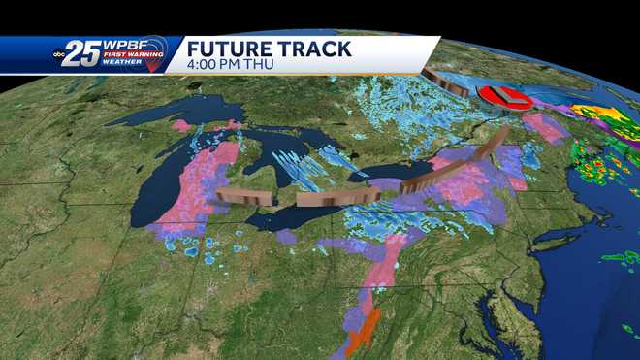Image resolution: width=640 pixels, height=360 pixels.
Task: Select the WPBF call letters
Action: click(x=126, y=44)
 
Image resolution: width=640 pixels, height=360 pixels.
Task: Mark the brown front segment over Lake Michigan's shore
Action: click(x=242, y=196)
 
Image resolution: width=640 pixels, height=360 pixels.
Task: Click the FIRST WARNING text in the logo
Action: click(x=125, y=56)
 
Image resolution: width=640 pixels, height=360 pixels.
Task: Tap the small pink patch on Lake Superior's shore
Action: click(x=181, y=126)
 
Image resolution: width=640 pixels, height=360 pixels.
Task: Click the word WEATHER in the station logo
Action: click(x=125, y=65)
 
